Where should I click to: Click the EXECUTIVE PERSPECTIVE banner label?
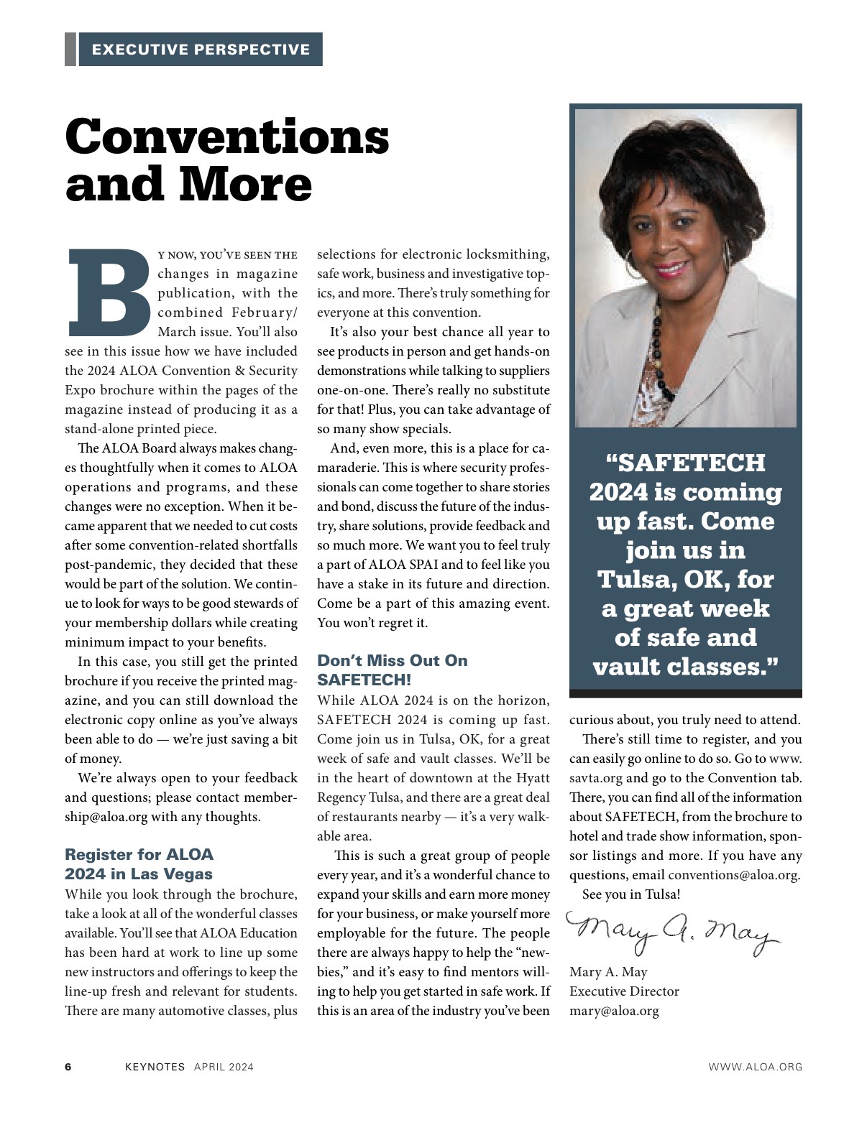(201, 50)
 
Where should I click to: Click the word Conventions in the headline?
(227, 136)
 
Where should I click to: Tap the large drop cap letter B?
(108, 293)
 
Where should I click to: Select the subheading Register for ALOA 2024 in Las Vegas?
(139, 864)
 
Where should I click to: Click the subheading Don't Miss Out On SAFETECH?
(392, 670)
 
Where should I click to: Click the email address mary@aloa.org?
(614, 1011)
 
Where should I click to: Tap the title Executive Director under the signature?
(624, 991)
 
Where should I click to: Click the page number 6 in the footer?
(68, 1067)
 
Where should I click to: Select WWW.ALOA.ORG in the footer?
(755, 1067)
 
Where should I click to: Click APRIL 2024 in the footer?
(224, 1067)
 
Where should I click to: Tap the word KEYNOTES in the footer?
(155, 1067)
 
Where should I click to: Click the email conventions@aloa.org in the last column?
(733, 875)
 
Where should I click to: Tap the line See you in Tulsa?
(630, 894)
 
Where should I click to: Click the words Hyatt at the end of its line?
(532, 778)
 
